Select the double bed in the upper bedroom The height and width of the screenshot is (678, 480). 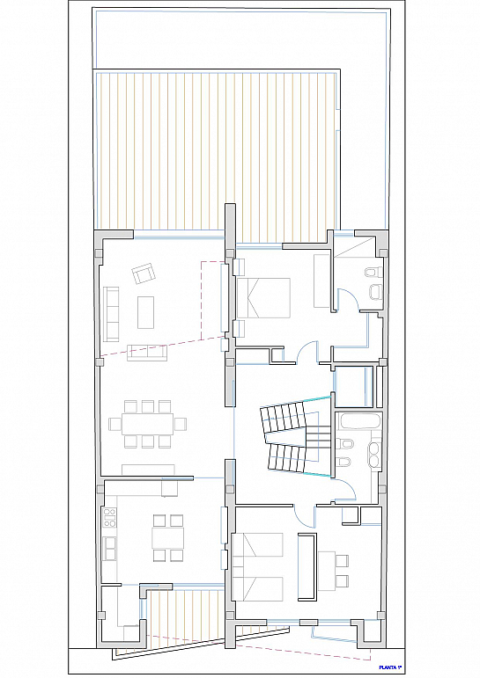(x=263, y=298)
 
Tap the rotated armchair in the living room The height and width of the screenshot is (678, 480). (x=144, y=273)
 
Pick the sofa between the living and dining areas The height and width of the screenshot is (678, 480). (x=147, y=353)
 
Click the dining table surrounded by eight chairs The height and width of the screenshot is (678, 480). (x=147, y=424)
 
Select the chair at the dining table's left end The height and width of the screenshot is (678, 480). (x=114, y=424)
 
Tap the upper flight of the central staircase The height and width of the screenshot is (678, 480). (x=282, y=417)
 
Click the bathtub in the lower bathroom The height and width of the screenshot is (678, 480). (x=359, y=421)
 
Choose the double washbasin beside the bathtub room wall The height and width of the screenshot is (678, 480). (x=373, y=454)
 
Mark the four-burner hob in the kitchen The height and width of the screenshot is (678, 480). (x=110, y=519)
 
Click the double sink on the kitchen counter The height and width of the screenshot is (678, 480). (x=110, y=549)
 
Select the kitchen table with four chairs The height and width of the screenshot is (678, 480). (x=167, y=538)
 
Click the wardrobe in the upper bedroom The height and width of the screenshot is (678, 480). (x=321, y=281)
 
